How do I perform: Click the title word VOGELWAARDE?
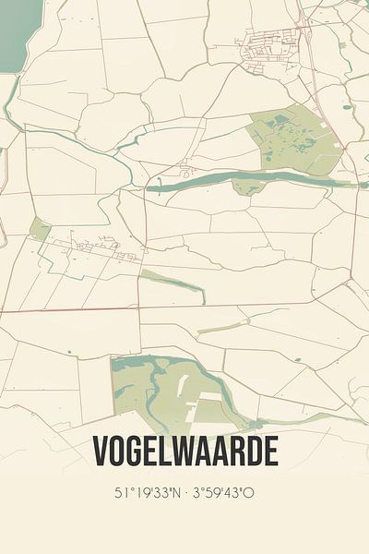point(184,452)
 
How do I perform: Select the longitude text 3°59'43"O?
point(227,494)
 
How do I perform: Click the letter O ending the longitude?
point(249,494)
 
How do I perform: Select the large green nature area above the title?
point(166,388)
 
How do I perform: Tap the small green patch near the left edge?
point(40,228)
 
